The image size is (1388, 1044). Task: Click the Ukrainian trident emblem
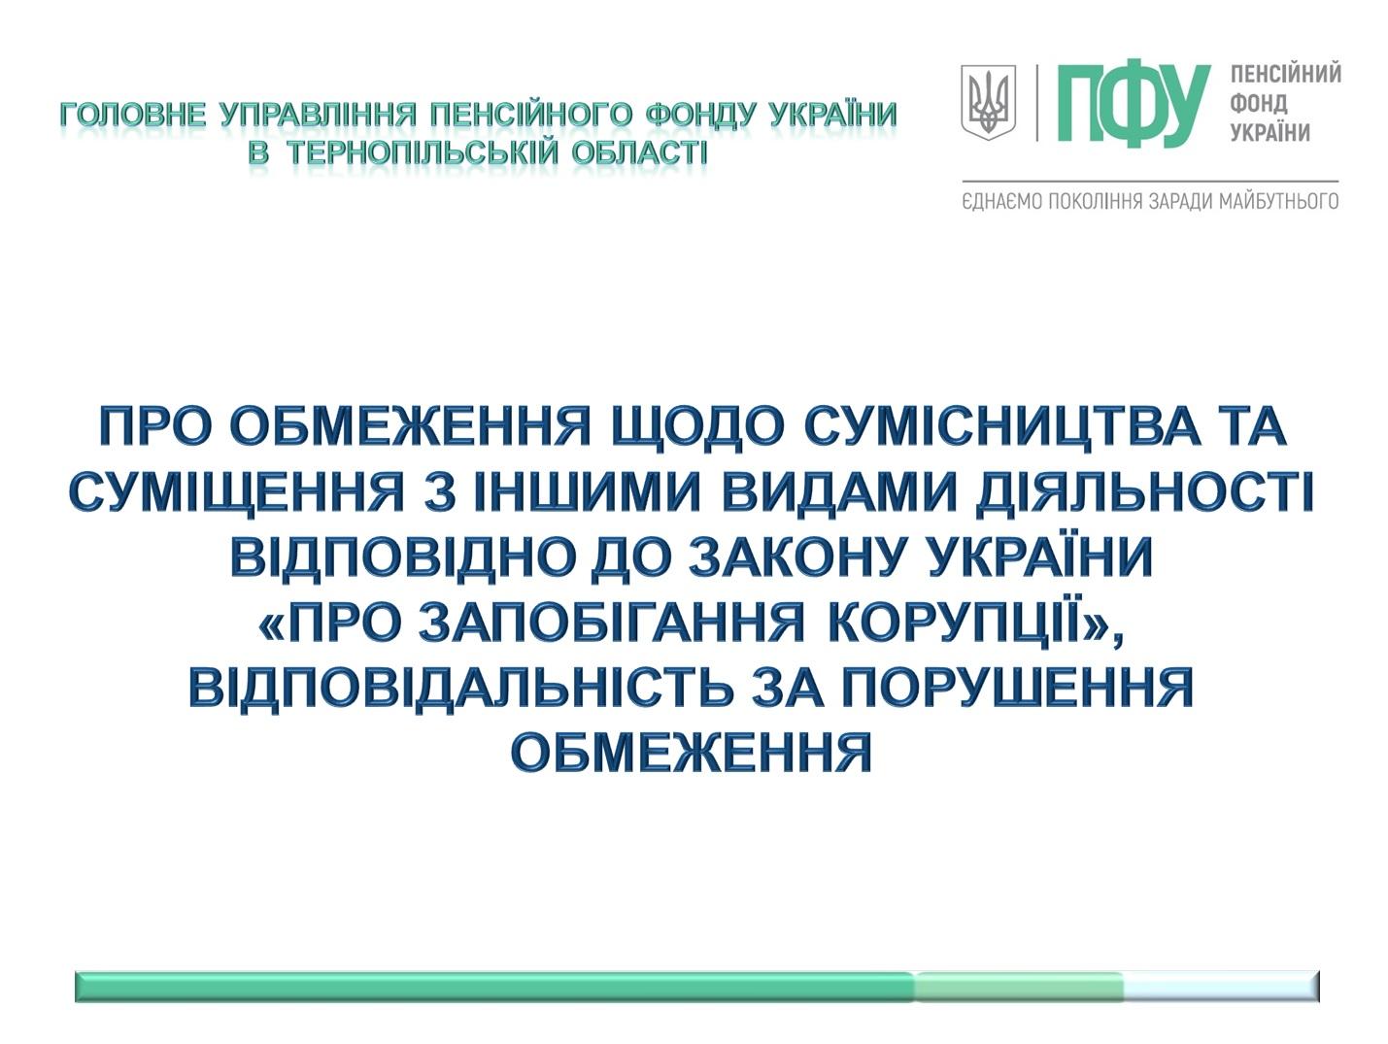point(989,102)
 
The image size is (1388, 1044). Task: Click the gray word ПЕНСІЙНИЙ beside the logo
point(1286,74)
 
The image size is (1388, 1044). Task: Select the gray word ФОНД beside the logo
point(1259,104)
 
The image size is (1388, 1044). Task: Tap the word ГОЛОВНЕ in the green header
point(133,115)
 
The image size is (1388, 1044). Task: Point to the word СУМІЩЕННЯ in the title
point(236,491)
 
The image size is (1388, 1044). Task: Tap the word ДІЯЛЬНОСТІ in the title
point(1145,491)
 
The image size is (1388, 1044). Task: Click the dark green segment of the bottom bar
point(494,987)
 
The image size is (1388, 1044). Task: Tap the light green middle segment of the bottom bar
point(1019,987)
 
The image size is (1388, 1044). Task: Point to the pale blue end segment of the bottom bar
point(1221,987)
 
